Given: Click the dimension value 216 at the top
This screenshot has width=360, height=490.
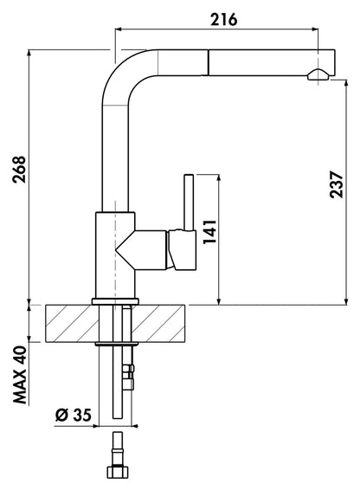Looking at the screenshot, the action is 224,20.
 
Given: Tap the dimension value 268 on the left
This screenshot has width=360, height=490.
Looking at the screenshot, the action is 19,169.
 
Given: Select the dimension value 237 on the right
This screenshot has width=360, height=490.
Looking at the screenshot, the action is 337,184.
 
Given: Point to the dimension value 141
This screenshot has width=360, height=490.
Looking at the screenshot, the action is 209,232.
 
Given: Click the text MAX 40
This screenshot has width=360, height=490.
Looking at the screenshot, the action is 20,375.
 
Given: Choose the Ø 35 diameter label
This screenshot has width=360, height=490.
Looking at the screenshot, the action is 74,415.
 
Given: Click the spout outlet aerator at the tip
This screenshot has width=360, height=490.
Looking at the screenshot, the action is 318,74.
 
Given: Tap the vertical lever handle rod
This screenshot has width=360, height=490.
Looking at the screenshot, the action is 189,203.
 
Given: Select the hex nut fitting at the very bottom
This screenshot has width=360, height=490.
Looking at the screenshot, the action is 118,471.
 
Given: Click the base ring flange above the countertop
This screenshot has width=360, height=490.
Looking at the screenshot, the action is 115,301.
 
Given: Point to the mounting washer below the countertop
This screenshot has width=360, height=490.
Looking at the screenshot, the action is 117,344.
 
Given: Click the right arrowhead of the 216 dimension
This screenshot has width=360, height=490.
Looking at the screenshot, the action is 315,29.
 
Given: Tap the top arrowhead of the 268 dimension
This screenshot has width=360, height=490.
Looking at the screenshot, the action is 29,53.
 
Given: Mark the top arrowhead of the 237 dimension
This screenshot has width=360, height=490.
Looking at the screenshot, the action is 346,83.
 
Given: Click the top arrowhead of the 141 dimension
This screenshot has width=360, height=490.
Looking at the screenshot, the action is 218,177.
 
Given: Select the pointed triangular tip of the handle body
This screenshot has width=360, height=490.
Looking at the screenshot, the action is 116,249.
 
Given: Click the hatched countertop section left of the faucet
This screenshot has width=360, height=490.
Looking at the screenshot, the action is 72,324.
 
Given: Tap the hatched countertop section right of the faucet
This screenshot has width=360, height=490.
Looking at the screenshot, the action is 158,324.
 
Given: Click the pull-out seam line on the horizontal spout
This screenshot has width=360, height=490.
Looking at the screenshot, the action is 207,62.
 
